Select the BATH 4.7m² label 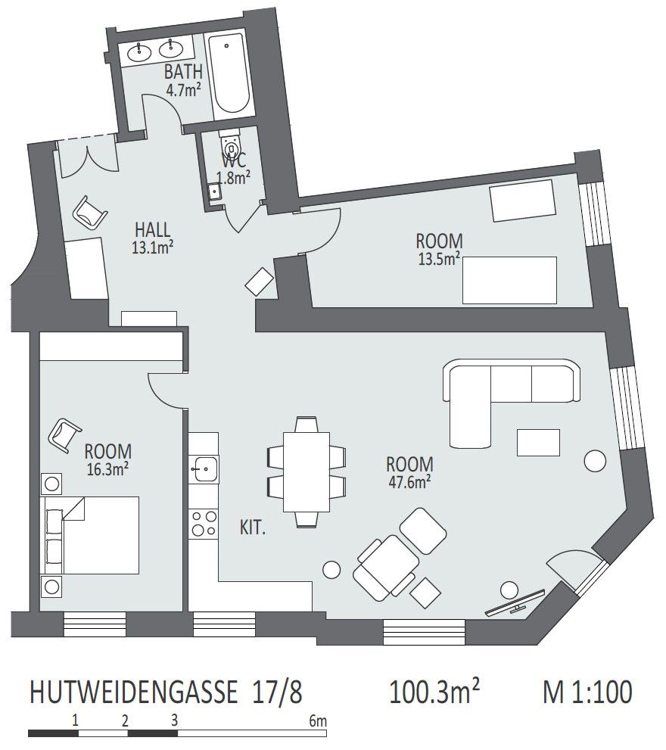point(183,80)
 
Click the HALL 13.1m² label point(153,238)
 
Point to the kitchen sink point(204,468)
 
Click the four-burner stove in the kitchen point(204,523)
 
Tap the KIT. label point(253,528)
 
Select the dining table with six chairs point(307,472)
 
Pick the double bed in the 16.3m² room point(90,535)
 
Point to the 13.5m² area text point(439,259)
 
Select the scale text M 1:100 point(587,692)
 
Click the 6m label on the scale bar point(318,720)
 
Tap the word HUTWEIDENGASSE point(133,692)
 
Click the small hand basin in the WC point(215,191)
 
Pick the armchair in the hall point(90,213)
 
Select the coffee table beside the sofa point(538,443)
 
